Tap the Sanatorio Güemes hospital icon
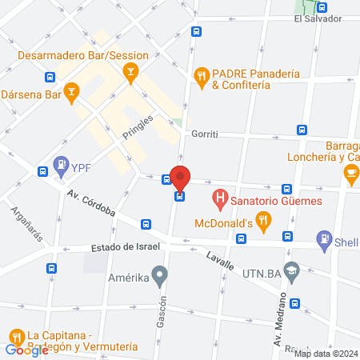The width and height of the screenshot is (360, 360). [218, 197]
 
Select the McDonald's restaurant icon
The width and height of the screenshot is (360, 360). [262, 219]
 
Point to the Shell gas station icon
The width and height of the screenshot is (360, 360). [324, 238]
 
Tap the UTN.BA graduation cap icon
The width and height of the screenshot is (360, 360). [291, 268]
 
